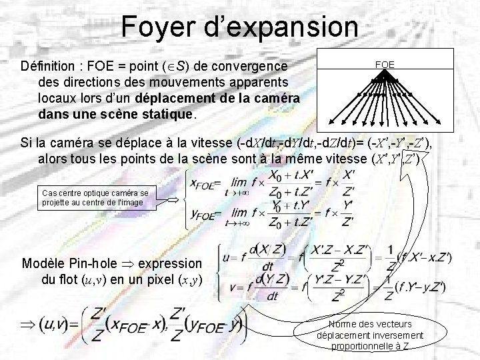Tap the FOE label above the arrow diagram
point(385,65)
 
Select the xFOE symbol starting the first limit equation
point(204,185)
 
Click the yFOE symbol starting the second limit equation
point(204,215)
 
